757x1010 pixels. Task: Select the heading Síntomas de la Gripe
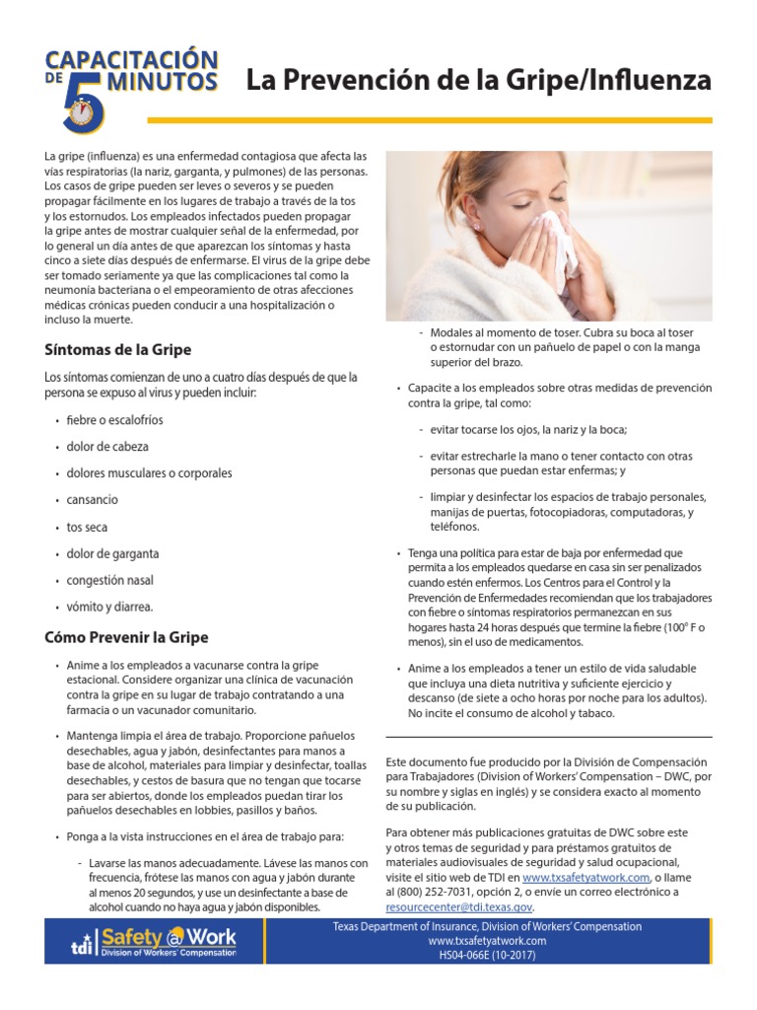click(x=117, y=349)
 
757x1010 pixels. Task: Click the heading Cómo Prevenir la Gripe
click(x=126, y=637)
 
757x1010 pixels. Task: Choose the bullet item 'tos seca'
click(x=87, y=527)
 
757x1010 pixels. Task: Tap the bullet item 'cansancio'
click(x=92, y=500)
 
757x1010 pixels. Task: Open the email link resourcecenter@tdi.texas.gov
click(x=459, y=905)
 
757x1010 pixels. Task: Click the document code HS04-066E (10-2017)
click(x=487, y=956)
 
